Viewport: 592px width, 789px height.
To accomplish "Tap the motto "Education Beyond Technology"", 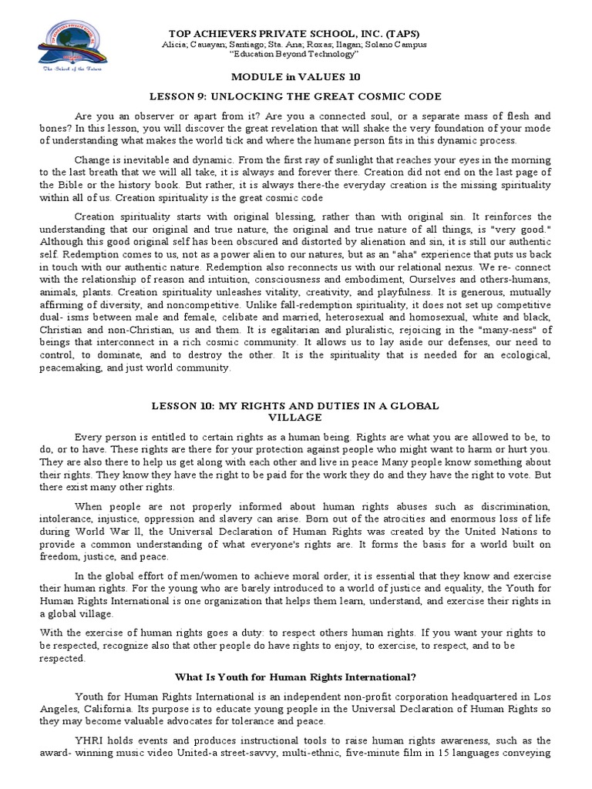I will tap(296, 55).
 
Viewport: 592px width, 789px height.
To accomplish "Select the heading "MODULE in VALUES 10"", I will tap(296, 77).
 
